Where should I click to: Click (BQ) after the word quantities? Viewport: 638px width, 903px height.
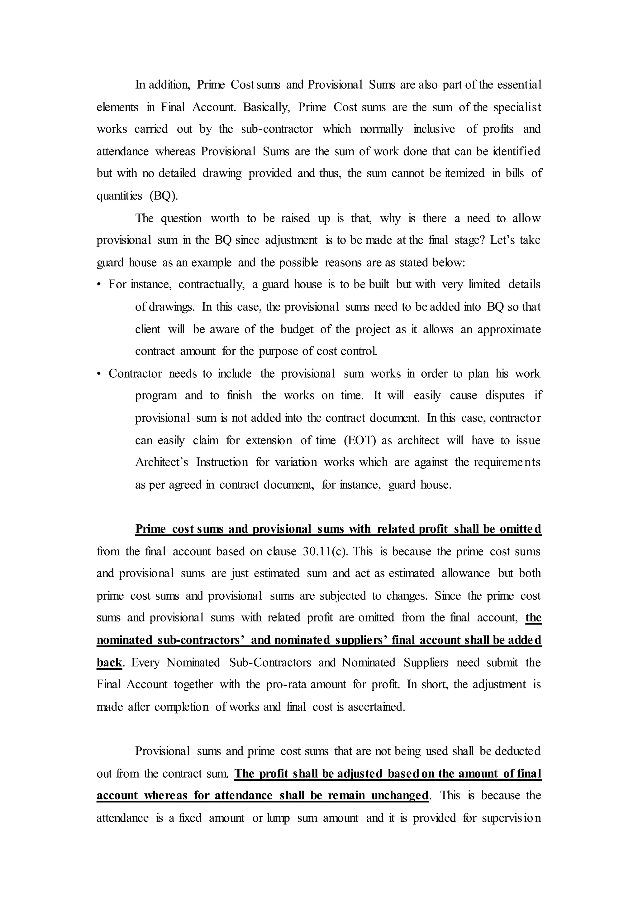164,196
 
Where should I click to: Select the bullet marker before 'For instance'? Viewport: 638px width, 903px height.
99,284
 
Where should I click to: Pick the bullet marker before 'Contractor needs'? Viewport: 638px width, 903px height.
99,373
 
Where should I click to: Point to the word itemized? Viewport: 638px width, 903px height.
464,173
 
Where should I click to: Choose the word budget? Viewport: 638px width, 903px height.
297,329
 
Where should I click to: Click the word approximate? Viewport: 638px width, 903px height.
509,329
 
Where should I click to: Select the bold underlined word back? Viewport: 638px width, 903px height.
109,662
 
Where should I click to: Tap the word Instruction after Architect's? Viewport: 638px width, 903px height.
222,462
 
